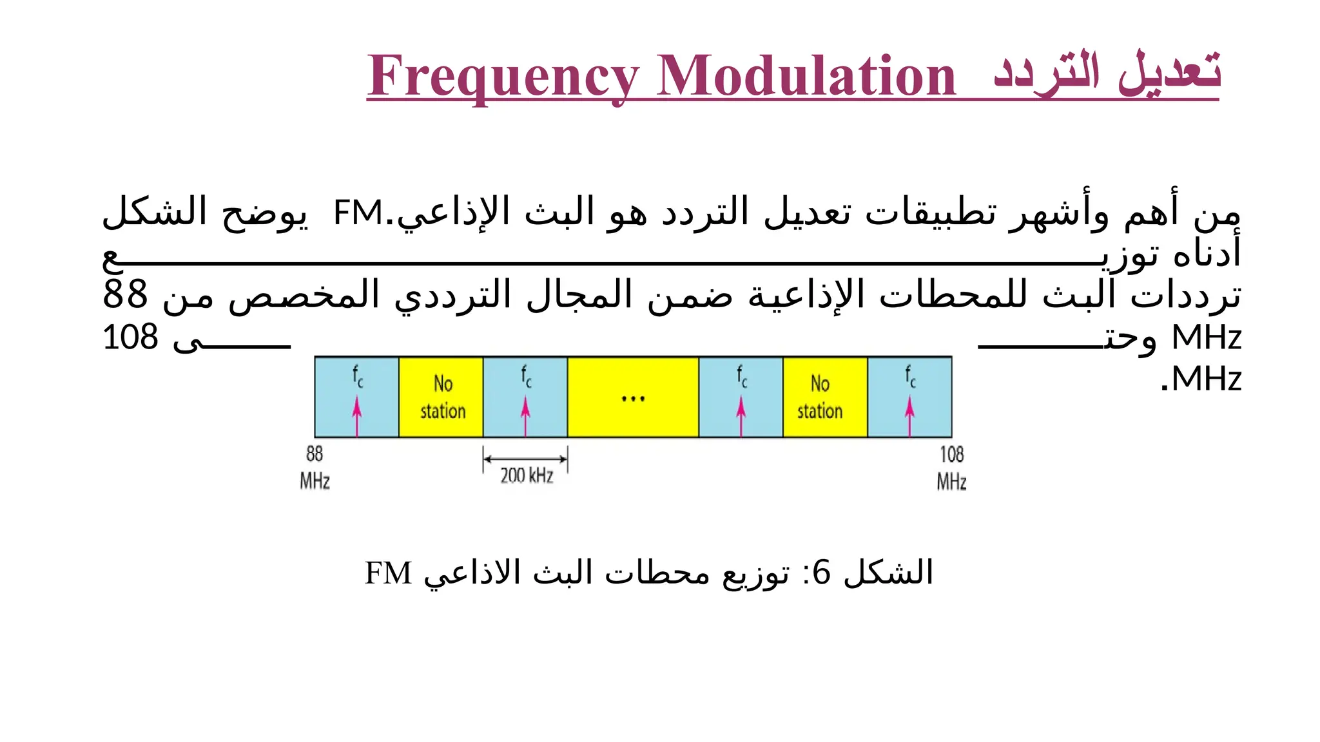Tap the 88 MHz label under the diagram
(x=315, y=468)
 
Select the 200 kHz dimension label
(x=527, y=476)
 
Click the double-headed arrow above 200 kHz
(x=525, y=459)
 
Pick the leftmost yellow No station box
(x=442, y=397)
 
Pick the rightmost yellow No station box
(x=820, y=397)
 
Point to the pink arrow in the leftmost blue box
(x=357, y=416)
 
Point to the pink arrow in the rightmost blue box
(x=909, y=416)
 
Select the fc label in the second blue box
(x=526, y=376)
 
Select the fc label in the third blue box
(x=742, y=376)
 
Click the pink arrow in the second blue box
(x=525, y=416)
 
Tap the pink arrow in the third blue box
(x=741, y=416)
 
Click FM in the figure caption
(x=388, y=573)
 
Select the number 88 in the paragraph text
(x=125, y=295)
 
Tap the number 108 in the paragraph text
(x=130, y=338)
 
